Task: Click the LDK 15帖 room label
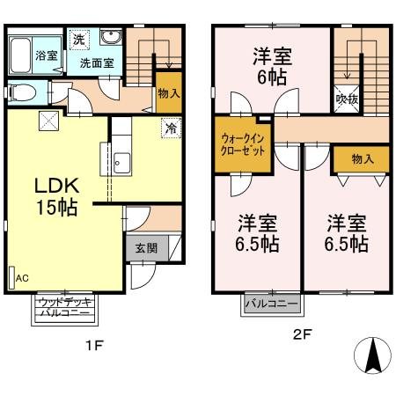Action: pos(58,197)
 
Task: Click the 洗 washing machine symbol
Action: pos(78,40)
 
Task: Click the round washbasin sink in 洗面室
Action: pos(112,38)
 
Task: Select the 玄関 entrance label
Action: pos(146,248)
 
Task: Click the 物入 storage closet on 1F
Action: pos(168,93)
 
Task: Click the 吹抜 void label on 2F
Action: pos(348,100)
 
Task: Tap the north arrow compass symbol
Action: pos(372,356)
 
